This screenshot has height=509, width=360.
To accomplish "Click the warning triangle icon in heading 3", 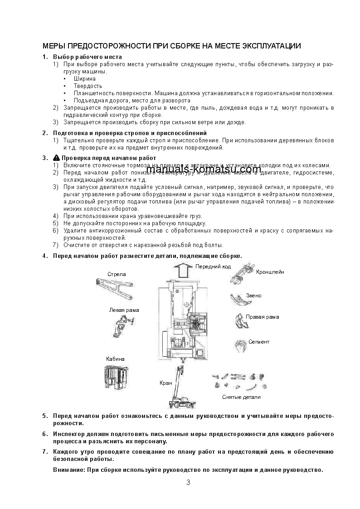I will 56,158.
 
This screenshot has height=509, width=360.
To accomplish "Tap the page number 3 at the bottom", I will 188,482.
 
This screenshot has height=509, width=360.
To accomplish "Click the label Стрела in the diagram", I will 117,274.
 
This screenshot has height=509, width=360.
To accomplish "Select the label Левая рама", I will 124,310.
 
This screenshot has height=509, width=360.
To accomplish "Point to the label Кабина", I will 115,359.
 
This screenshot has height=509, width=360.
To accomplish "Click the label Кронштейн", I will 270,272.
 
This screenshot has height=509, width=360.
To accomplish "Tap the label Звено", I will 253,296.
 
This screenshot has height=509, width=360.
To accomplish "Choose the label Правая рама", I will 262,317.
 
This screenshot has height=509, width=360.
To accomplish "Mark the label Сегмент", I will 258,342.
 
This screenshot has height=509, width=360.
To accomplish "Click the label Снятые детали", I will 241,397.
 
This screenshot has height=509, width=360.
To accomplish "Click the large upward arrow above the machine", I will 184,271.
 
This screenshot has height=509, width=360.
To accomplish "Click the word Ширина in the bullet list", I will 84,79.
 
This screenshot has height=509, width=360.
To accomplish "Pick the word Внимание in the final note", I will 68,470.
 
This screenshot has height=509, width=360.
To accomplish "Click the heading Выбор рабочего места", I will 87,57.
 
